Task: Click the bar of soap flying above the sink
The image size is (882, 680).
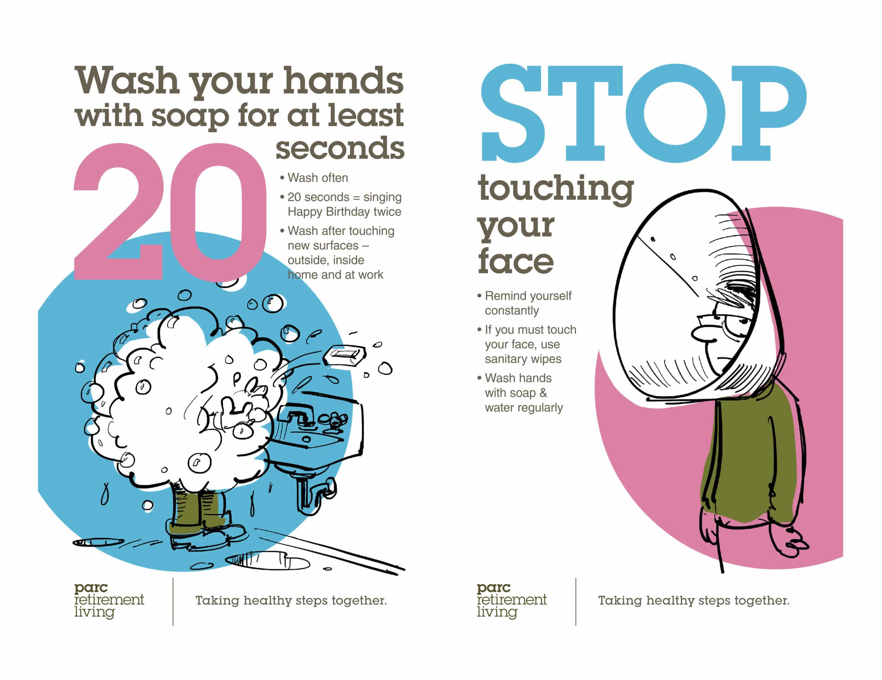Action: [344, 355]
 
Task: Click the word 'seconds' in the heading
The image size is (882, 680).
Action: [340, 148]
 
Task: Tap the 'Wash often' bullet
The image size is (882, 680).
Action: [317, 178]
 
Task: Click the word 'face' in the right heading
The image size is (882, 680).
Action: [515, 262]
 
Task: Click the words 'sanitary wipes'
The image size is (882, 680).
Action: [523, 359]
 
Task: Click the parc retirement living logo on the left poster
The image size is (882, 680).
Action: [109, 600]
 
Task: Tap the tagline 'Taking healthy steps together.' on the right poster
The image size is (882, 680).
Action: [694, 600]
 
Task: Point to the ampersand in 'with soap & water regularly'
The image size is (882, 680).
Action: [543, 393]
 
